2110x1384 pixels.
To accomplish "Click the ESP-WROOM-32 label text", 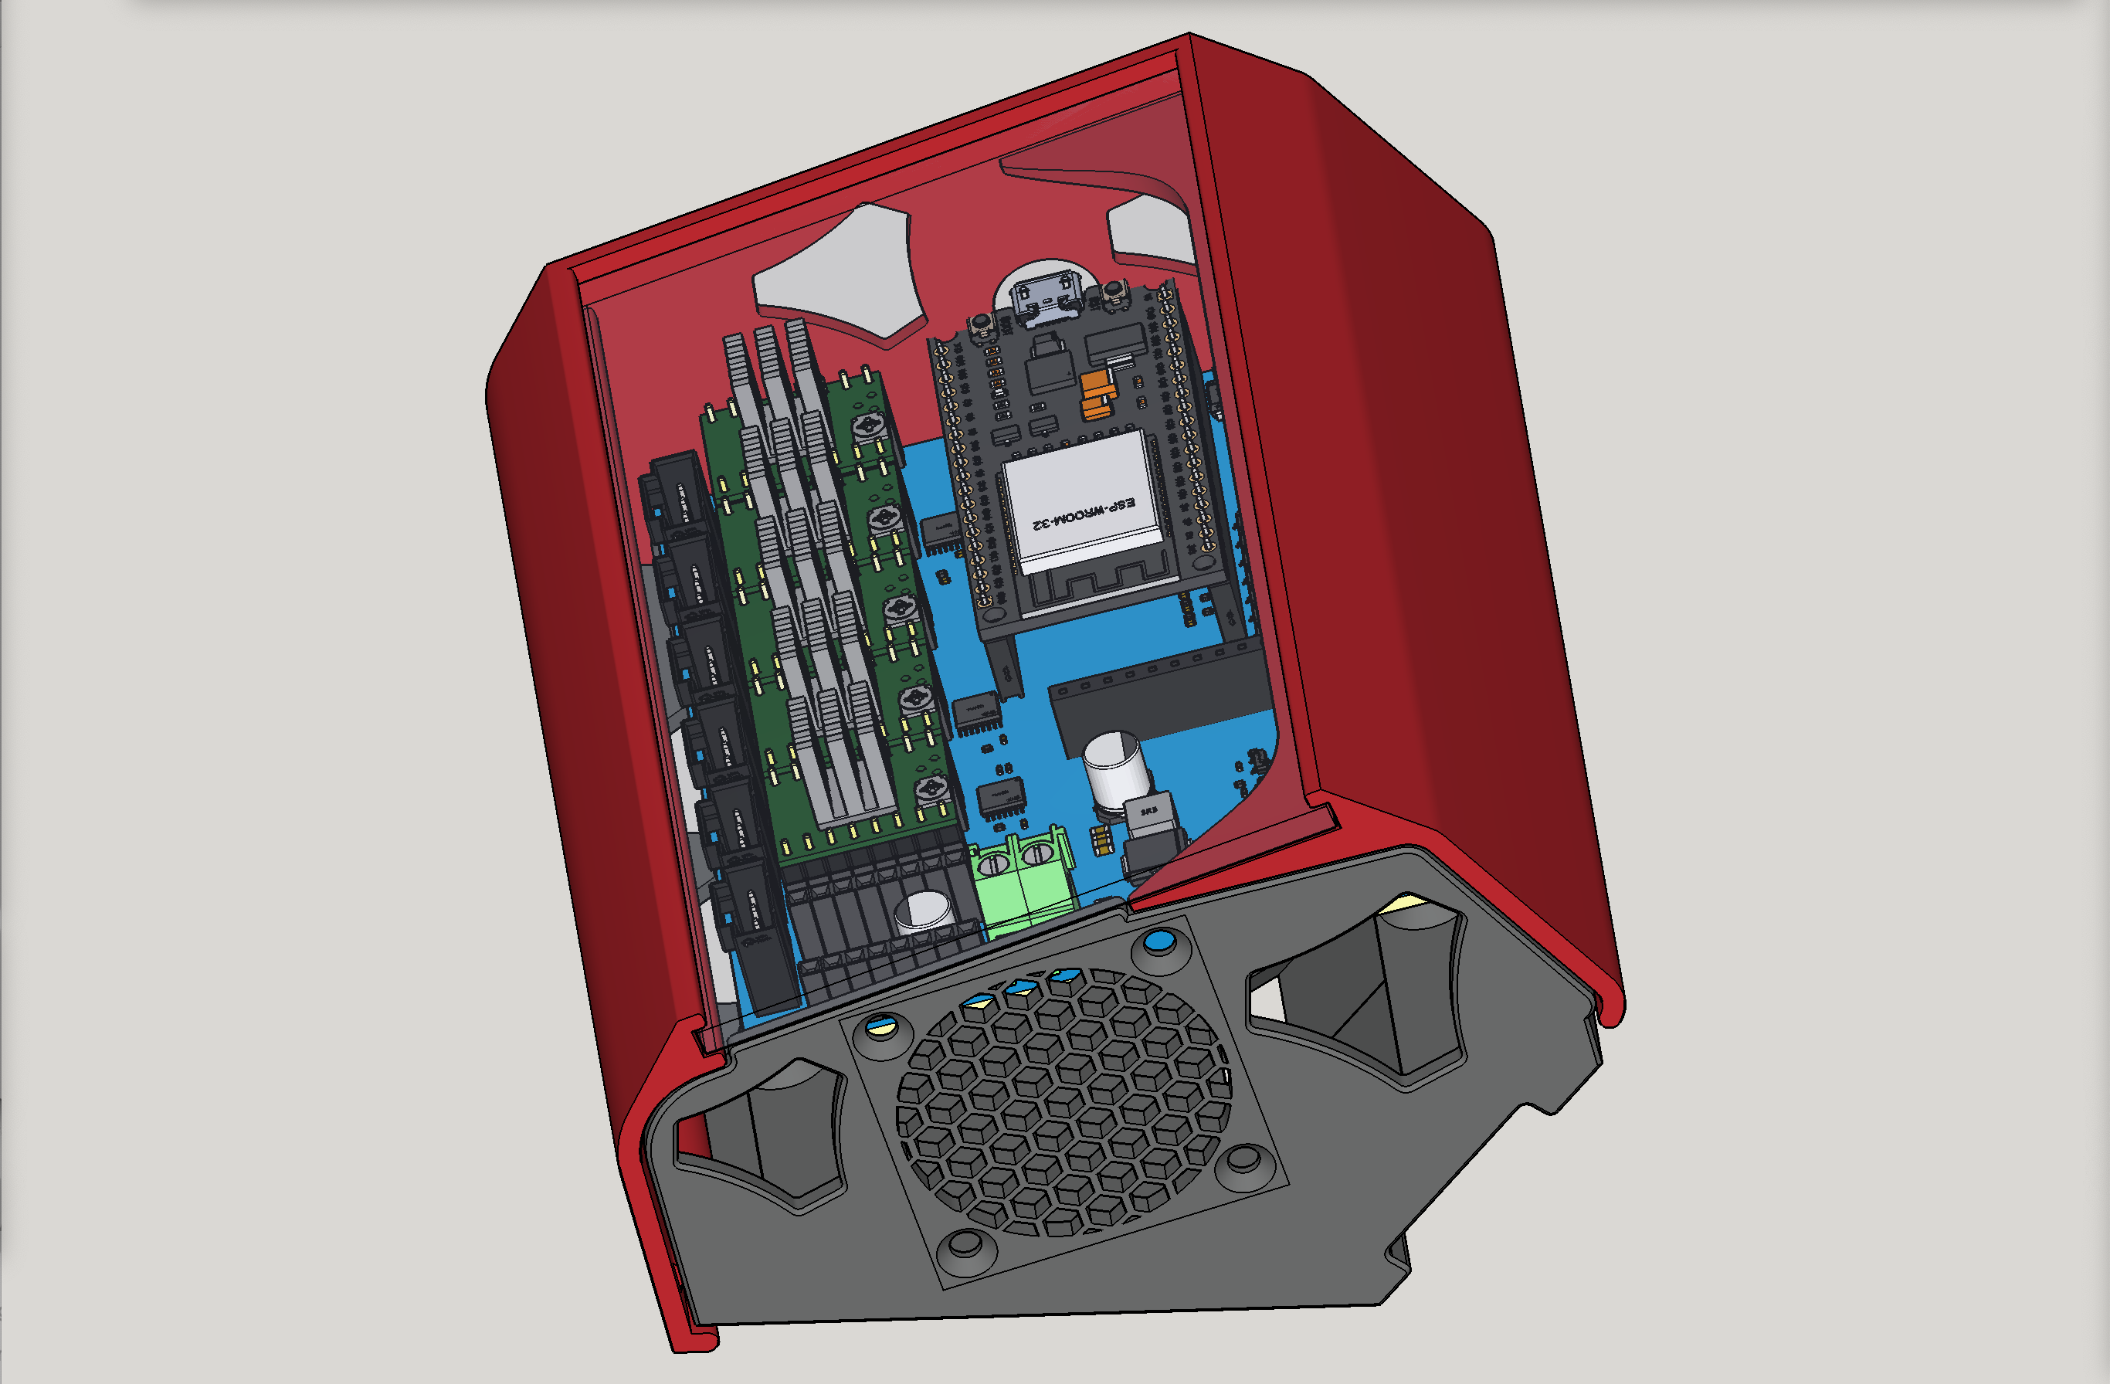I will click(x=1084, y=514).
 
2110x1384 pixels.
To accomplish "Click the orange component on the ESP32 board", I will click(x=1097, y=395).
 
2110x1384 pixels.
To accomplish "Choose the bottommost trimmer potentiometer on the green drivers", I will click(x=931, y=787).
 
